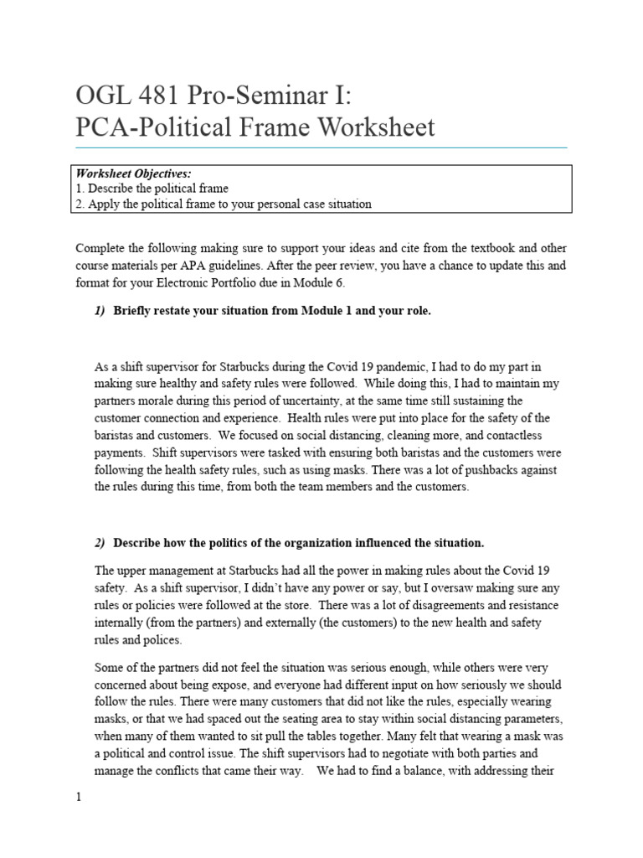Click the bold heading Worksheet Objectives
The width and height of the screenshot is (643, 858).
[134, 173]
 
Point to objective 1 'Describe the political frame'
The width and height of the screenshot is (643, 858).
[152, 189]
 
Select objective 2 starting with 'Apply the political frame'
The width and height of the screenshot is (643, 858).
[224, 204]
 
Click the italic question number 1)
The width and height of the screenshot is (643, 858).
[100, 311]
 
